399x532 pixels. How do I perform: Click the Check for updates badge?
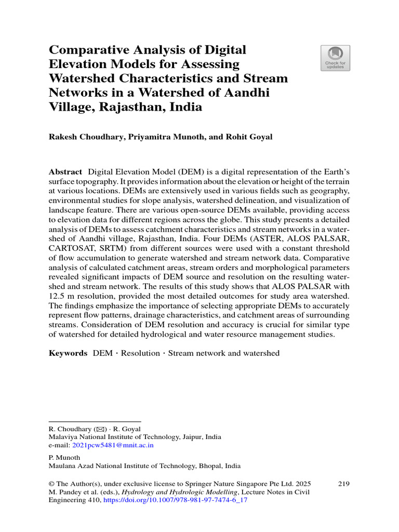[335, 58]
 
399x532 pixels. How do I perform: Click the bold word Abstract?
[65, 172]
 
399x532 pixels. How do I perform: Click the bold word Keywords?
[68, 353]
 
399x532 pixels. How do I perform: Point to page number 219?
[343, 484]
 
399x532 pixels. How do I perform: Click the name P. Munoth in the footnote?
[64, 458]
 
